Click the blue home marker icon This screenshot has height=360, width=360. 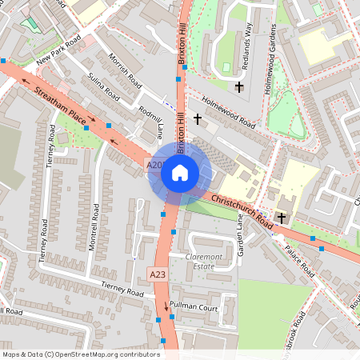click(179, 172)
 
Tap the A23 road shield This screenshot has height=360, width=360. click(158, 274)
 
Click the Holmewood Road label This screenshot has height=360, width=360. click(229, 113)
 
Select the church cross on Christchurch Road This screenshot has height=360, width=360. click(282, 217)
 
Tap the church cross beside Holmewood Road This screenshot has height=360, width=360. click(198, 118)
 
